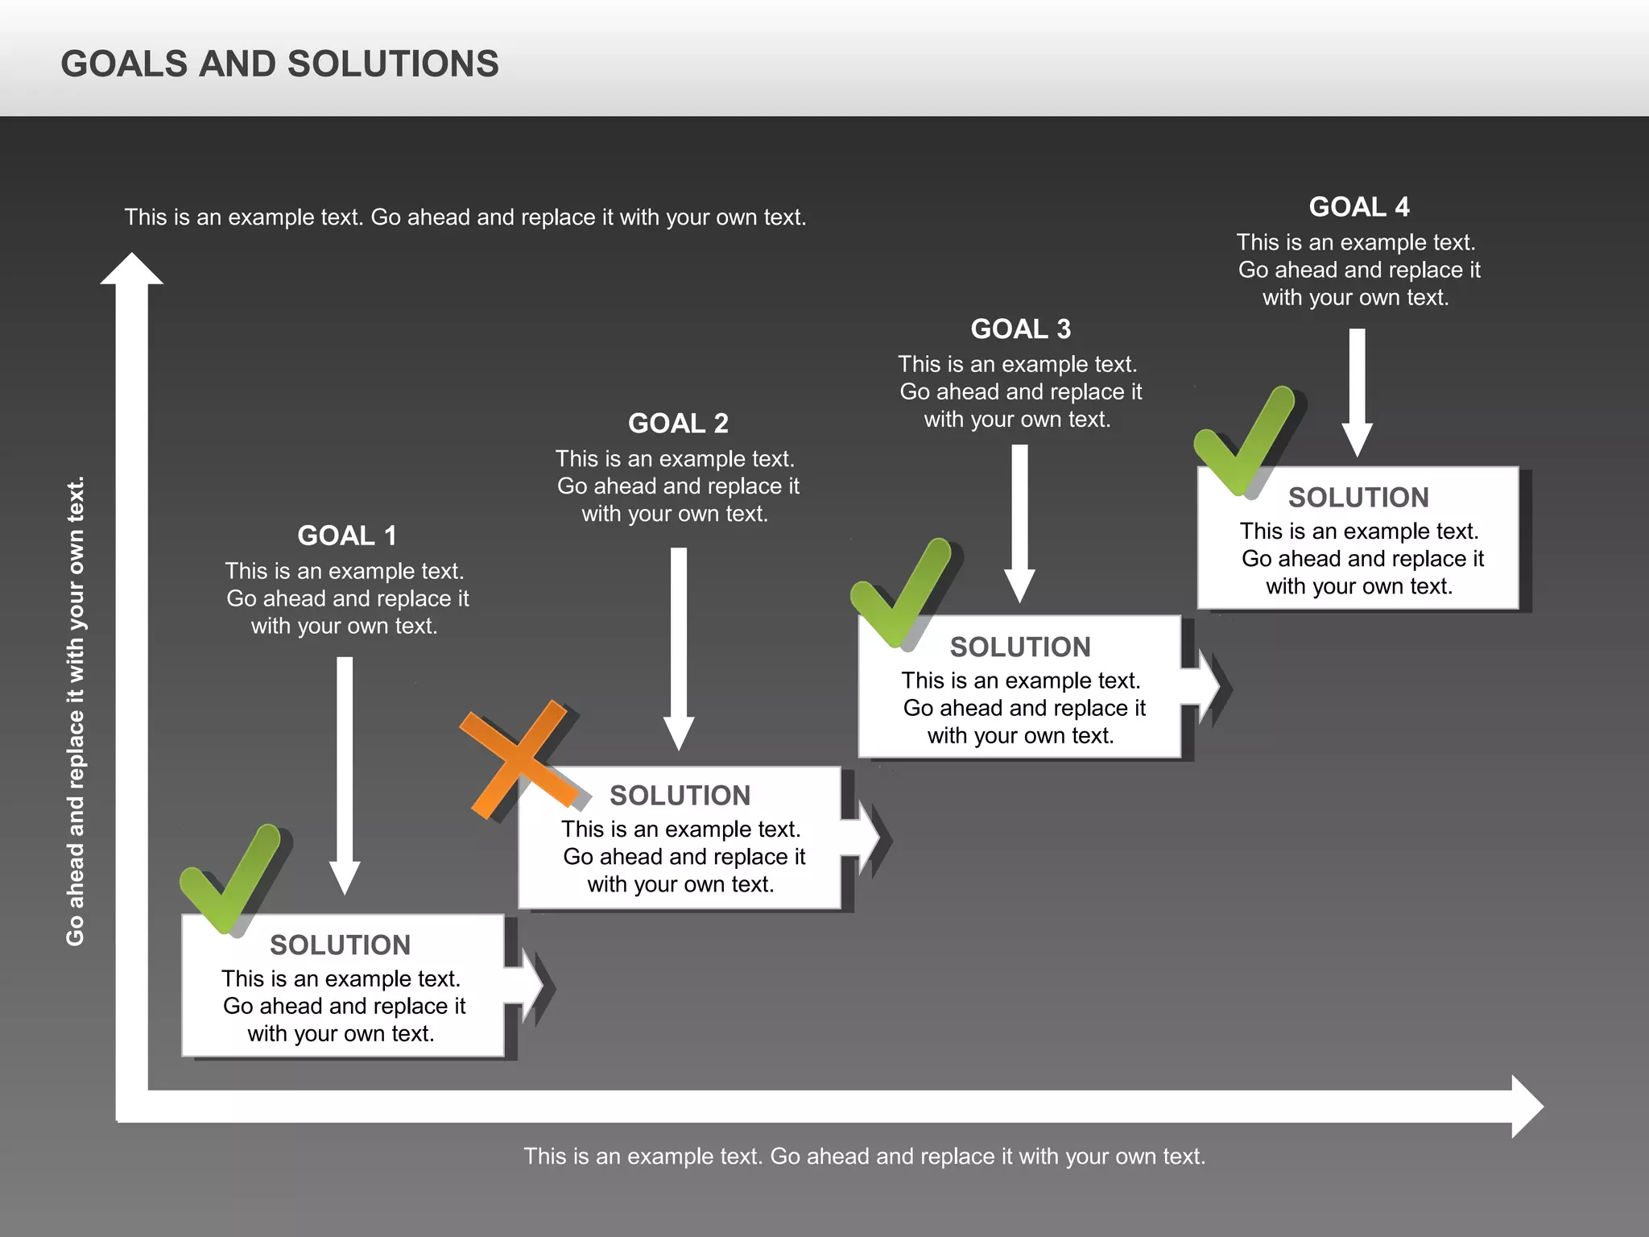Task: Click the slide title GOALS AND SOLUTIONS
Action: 279,64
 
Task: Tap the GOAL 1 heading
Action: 347,536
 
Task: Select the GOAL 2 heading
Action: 678,424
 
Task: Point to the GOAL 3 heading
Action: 1020,329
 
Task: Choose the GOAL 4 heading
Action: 1359,207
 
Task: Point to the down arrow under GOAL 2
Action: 679,648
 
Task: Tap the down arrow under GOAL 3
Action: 1019,523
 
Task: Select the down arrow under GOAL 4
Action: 1357,392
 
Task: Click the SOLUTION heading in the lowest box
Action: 340,945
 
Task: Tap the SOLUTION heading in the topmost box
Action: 1358,498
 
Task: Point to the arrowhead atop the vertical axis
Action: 131,269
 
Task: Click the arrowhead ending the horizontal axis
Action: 1527,1107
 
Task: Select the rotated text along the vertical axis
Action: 75,712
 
